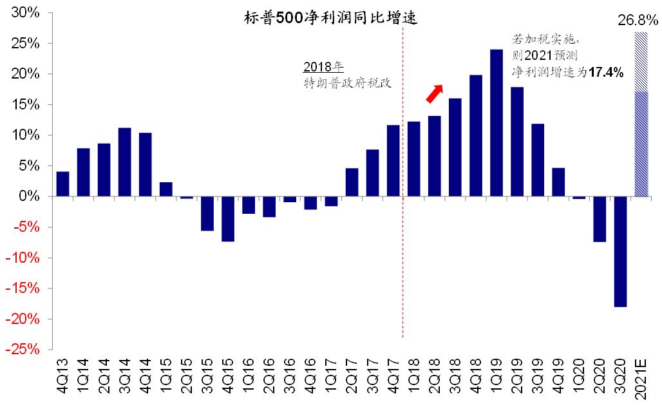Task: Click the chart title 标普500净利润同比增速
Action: point(331,18)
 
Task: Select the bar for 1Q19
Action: point(496,122)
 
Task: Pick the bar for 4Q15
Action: point(227,219)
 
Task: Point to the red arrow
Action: point(435,93)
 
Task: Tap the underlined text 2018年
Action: point(323,68)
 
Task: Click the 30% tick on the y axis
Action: point(26,13)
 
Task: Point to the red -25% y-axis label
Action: point(24,349)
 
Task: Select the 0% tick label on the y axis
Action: point(30,196)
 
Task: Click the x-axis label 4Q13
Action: point(62,379)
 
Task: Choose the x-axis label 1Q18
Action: point(413,379)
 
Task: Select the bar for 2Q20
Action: point(600,219)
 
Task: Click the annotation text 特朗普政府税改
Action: point(348,83)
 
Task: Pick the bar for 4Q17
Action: point(393,160)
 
